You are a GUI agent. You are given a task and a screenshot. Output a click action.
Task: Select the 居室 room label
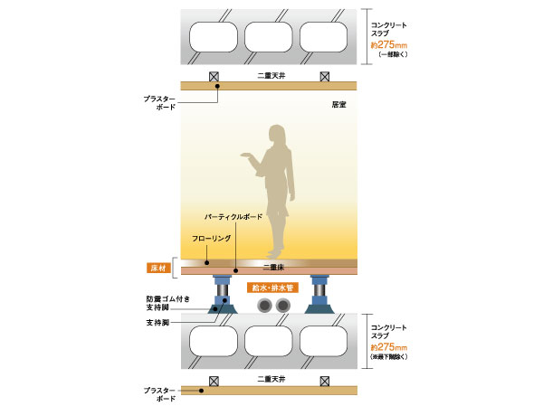340,106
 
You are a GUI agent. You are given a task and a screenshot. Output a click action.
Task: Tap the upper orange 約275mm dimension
390,43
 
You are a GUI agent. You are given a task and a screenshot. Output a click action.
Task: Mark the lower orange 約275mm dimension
390,348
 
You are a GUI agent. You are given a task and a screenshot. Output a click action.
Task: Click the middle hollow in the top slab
270,37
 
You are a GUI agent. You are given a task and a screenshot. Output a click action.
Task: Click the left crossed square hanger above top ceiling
214,77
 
